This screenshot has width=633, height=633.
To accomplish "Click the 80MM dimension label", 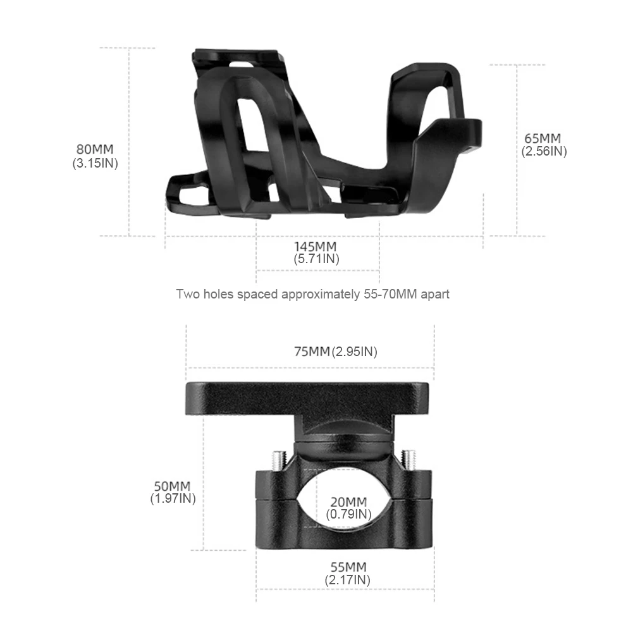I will click(95, 150).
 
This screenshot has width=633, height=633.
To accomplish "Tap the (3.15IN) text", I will click(95, 163).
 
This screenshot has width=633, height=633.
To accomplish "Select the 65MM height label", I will click(543, 138).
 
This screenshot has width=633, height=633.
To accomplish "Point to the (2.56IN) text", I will click(543, 151).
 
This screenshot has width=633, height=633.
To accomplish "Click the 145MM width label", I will click(316, 246).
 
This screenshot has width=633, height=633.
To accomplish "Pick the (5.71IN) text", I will click(316, 259).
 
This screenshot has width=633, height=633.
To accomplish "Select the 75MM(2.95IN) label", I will click(335, 352).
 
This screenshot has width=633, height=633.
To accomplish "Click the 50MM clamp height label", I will click(172, 486).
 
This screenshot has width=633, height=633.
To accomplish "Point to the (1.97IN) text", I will click(172, 498).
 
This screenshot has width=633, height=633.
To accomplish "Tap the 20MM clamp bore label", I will click(348, 502).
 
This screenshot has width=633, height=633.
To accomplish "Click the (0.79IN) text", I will click(348, 514).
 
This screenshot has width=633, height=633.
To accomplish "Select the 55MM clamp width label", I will click(347, 567).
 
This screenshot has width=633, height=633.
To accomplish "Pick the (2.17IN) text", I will click(347, 579).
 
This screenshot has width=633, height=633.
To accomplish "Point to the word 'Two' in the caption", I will click(187, 294).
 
